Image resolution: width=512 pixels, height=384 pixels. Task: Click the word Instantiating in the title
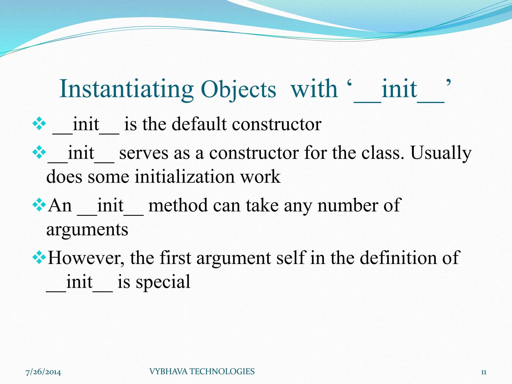[126, 89]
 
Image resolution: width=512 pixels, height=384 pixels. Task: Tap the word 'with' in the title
[314, 89]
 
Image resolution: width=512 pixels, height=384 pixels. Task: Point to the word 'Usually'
[441, 153]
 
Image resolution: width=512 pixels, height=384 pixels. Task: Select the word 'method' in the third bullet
[178, 205]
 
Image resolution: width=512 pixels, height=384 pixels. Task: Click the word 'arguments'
[87, 229]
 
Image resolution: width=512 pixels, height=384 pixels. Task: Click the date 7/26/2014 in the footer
[43, 372]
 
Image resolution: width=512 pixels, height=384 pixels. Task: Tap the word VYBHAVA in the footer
[168, 371]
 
